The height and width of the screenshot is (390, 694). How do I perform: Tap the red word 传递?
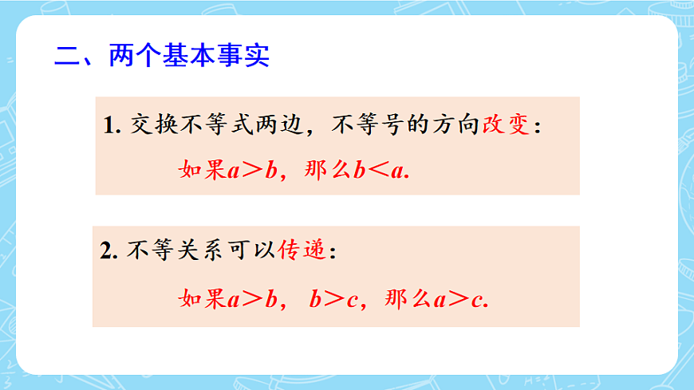click(302, 250)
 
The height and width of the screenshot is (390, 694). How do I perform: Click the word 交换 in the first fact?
click(151, 125)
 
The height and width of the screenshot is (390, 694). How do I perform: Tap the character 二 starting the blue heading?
click(65, 57)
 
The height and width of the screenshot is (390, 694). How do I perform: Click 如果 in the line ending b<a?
click(203, 171)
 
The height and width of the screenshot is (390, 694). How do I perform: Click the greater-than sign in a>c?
click(459, 301)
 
